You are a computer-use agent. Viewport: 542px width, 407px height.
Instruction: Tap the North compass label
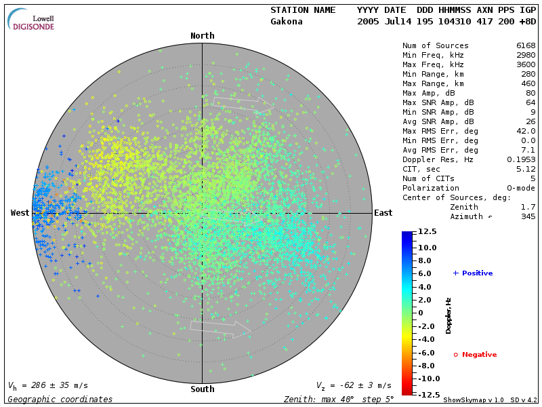click(x=202, y=36)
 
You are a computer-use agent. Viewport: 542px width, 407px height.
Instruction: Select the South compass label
click(x=202, y=389)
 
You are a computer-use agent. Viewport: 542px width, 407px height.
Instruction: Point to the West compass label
click(x=20, y=213)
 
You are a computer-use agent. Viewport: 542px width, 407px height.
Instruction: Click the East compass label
click(x=383, y=213)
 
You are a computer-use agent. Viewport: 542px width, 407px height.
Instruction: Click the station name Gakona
click(x=287, y=22)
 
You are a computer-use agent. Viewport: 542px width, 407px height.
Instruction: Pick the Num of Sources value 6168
click(x=526, y=46)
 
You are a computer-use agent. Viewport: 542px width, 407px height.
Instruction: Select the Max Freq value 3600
click(x=526, y=65)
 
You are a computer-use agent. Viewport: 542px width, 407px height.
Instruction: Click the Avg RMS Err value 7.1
click(x=528, y=150)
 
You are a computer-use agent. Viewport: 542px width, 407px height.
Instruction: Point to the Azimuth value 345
click(x=528, y=216)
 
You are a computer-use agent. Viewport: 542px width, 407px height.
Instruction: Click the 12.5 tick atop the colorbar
click(x=427, y=232)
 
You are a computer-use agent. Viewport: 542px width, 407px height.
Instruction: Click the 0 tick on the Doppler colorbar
click(x=420, y=313)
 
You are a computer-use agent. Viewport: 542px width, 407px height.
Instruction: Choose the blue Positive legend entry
click(x=473, y=273)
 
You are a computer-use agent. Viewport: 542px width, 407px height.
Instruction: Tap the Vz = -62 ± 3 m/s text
click(x=354, y=385)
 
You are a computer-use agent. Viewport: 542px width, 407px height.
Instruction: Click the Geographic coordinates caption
click(x=60, y=400)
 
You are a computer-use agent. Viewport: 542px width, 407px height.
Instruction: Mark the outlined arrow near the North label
click(x=242, y=102)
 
